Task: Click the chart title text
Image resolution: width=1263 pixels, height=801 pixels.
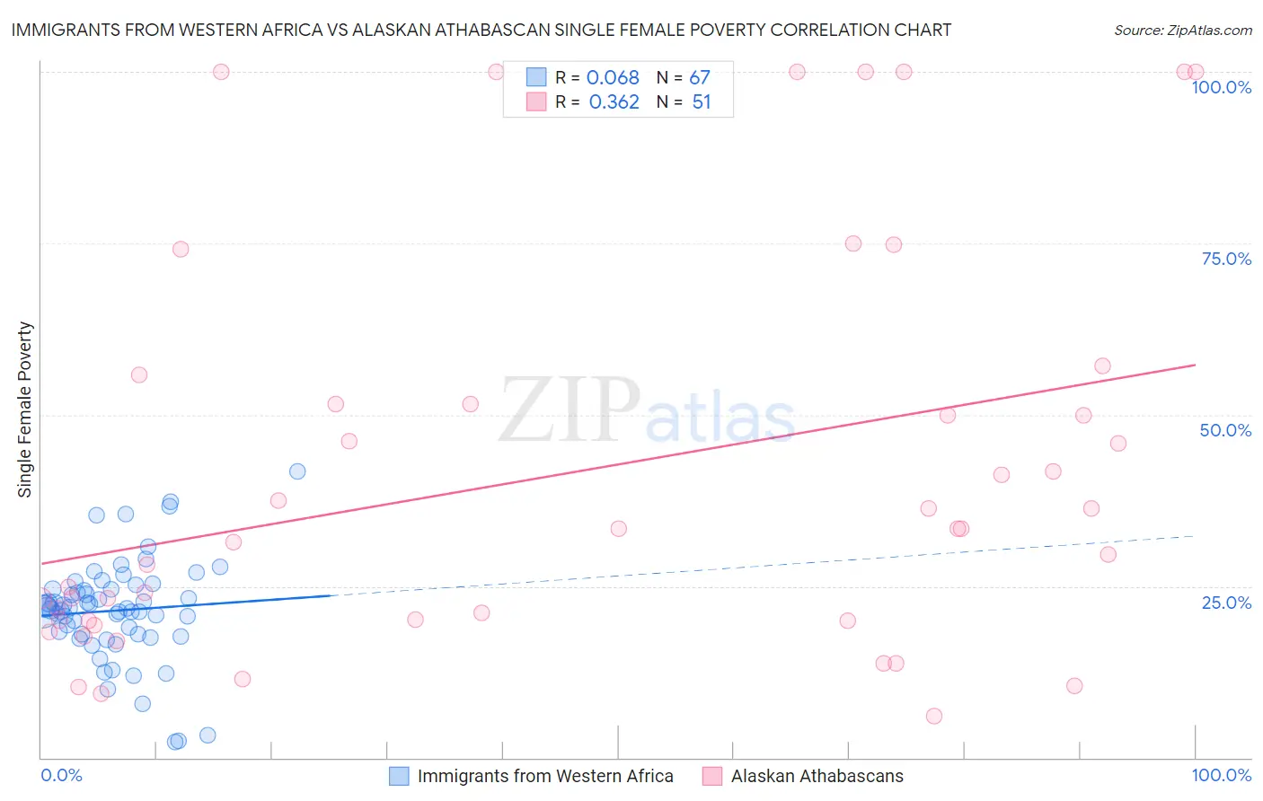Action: click(481, 30)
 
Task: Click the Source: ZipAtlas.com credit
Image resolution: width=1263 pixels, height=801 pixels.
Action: click(1182, 30)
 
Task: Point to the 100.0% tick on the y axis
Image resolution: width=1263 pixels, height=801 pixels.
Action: click(1221, 87)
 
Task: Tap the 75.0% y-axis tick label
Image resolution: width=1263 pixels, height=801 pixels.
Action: click(1226, 259)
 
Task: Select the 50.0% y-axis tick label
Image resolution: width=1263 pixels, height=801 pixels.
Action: click(1225, 430)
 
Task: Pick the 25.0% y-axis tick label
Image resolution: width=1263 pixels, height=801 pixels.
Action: click(1226, 603)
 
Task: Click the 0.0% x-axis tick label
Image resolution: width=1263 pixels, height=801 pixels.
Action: click(61, 775)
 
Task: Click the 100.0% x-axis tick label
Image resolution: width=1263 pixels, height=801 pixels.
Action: click(1221, 775)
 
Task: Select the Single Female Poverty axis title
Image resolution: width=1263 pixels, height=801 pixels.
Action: click(25, 409)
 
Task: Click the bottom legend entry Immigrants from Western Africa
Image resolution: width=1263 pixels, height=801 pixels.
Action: click(545, 776)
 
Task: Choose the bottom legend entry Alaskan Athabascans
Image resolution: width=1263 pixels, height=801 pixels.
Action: click(817, 776)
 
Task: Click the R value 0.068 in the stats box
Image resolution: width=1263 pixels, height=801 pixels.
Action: click(613, 78)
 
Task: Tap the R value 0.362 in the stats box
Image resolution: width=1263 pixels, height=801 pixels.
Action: click(614, 102)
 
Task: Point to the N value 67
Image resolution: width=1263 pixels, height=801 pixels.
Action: click(700, 78)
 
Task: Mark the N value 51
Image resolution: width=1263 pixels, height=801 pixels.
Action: click(702, 102)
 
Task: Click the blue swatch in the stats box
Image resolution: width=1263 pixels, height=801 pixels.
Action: click(536, 77)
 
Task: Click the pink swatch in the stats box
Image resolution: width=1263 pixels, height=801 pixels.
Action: click(536, 101)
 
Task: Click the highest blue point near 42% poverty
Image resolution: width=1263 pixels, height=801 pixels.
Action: click(297, 471)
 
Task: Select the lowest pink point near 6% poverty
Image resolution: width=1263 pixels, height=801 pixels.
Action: click(934, 716)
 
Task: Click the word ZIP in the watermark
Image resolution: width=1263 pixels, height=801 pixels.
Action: click(569, 410)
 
